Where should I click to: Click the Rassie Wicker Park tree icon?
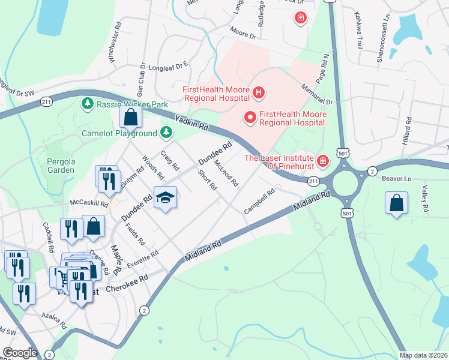pos(88,104)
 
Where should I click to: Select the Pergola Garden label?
pos(61,166)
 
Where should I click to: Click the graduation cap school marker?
pos(165,197)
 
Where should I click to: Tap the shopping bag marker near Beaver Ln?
pos(397,203)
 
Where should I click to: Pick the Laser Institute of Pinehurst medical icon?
pos(323,160)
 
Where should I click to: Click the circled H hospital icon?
pos(259,92)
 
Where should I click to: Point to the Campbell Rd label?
pos(259,202)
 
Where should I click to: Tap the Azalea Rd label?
pos(54,319)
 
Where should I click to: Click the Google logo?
pos(20,353)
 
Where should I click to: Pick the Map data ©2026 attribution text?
pos(423,355)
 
